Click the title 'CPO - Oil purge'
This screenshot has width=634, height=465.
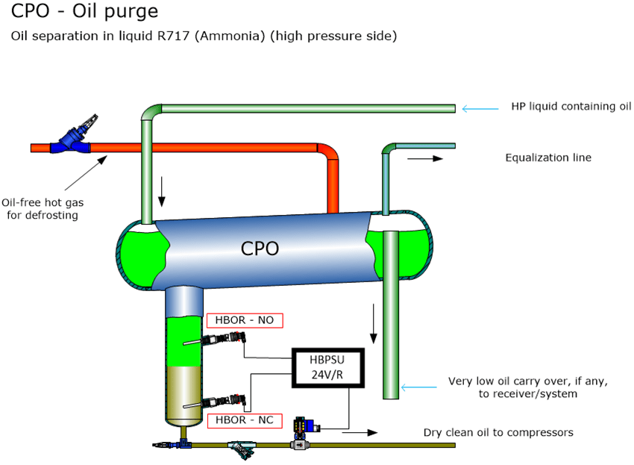(x=84, y=13)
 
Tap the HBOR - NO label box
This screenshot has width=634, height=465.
(x=245, y=320)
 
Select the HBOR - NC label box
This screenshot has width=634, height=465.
(x=244, y=420)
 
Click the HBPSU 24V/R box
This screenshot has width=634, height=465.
(x=328, y=368)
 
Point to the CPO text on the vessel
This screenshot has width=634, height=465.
(x=260, y=249)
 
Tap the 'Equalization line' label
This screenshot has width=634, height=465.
(x=548, y=157)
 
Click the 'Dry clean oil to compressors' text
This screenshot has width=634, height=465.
(x=498, y=432)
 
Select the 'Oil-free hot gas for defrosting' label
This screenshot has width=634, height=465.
(x=40, y=208)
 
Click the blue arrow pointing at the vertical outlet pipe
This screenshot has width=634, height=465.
(x=418, y=387)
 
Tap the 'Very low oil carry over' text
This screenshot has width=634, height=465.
(x=528, y=387)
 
